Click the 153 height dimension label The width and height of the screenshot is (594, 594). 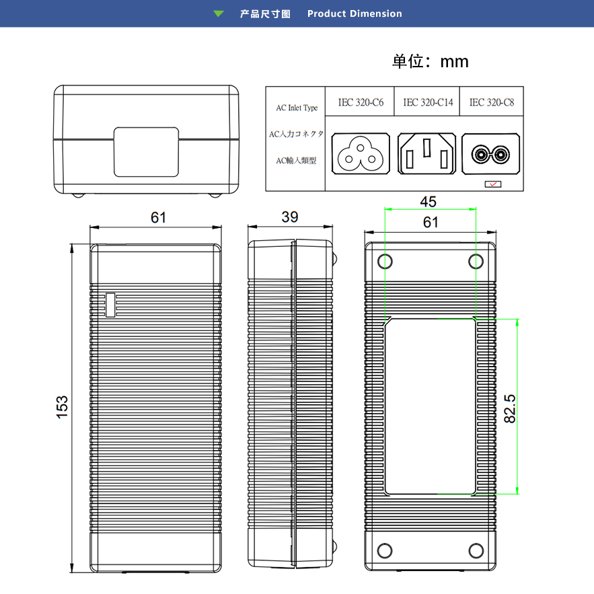point(63,408)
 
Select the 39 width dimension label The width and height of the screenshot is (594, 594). point(290,217)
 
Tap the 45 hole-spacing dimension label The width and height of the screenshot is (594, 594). point(429,201)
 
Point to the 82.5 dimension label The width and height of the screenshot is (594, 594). point(510,408)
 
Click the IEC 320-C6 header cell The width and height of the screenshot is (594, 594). point(361,103)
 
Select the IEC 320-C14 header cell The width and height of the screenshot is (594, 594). point(428,103)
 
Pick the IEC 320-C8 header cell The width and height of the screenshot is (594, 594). point(492,103)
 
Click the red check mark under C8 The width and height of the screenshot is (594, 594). point(492,183)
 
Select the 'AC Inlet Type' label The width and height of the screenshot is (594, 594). point(297,108)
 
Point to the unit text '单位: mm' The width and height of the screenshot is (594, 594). point(431,62)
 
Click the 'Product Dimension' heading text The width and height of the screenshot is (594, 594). point(355,13)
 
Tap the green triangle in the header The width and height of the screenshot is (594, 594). point(219,13)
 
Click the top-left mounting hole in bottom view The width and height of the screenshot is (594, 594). point(385,261)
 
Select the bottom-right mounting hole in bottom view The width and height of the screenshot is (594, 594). point(476,550)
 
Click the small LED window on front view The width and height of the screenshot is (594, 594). point(110,305)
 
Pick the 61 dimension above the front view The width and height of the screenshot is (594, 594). point(158,217)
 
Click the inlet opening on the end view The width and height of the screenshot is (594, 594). point(147,151)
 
